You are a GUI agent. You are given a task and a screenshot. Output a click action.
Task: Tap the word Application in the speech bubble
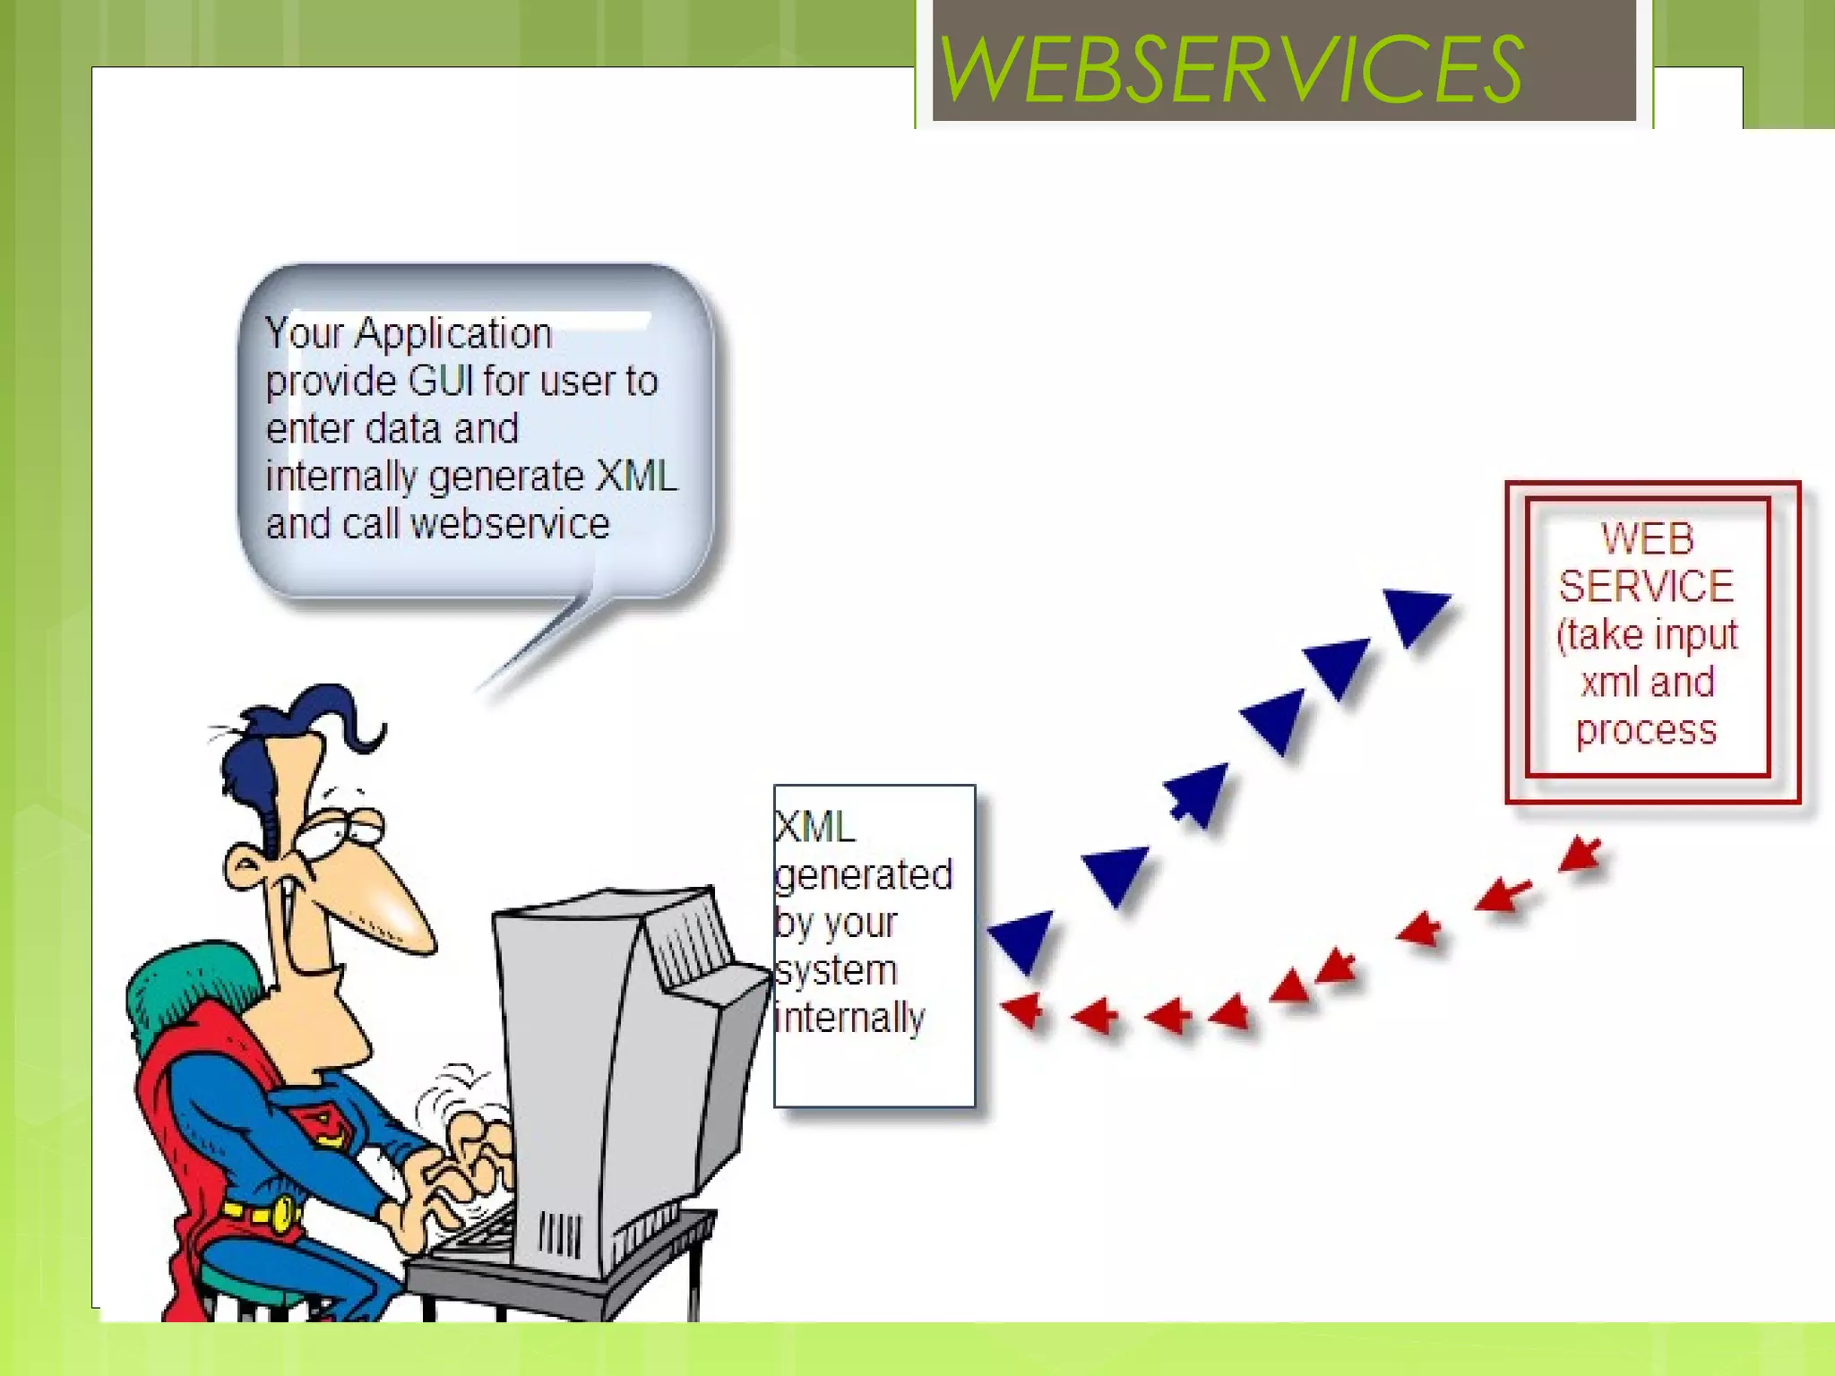point(452,333)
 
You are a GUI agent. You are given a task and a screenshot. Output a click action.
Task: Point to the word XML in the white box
point(815,827)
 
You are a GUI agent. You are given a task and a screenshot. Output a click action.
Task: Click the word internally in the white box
point(849,1018)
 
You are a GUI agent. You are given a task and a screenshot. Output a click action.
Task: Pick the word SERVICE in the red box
point(1646,587)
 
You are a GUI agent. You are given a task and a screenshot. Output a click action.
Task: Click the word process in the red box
point(1646,730)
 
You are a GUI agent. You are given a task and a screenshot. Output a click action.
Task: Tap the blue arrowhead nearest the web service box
point(1415,614)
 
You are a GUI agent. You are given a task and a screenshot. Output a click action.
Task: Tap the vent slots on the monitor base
point(559,1235)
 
